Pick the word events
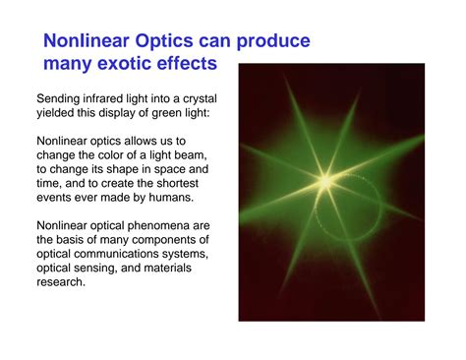[58, 197]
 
